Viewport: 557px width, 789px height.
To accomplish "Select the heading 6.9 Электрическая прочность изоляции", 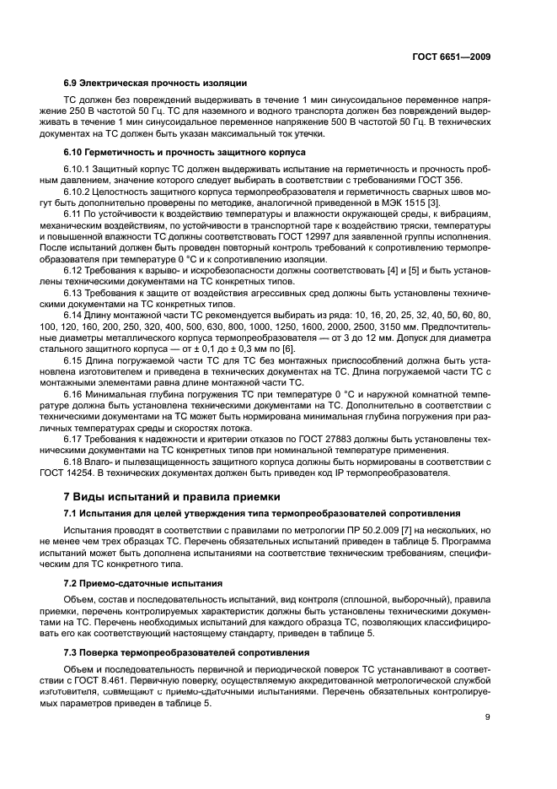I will pos(155,83).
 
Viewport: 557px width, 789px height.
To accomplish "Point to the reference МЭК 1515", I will pos(396,203).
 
